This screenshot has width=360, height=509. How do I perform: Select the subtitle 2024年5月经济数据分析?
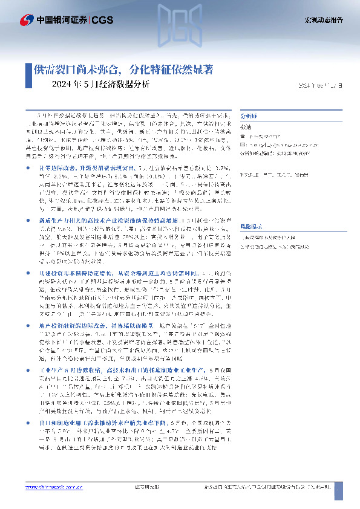[101, 85]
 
